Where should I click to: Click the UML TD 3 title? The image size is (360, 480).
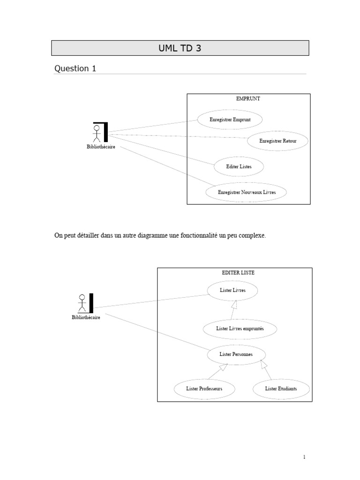180,48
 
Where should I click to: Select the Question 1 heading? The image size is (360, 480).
75,68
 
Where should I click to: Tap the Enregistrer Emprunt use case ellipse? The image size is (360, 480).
230,120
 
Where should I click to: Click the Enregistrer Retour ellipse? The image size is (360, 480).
278,141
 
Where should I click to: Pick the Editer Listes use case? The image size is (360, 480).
239,166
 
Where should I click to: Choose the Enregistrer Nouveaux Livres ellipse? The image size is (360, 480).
247,192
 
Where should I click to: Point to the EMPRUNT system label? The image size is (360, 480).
248,99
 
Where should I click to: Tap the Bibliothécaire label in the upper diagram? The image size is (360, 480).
101,147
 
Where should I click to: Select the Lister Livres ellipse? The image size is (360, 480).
232,290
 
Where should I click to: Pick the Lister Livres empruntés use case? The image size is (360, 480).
240,329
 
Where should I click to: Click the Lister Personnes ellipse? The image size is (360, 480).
236,354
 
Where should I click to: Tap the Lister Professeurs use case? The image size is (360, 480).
204,389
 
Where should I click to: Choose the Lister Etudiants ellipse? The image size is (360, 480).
281,389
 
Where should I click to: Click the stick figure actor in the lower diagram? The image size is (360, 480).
82,303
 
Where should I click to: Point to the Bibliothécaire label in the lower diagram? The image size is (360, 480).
86,317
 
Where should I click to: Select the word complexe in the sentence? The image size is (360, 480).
253,236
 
